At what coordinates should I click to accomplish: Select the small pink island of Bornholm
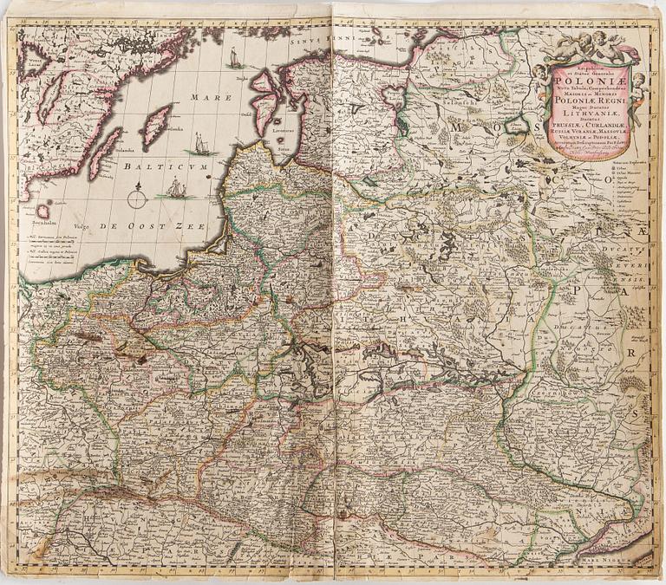43,211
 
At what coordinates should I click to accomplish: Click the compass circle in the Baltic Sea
138,198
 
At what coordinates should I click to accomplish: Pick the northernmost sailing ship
232,60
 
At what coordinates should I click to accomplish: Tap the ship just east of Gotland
200,144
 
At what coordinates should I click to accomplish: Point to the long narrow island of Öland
104,153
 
